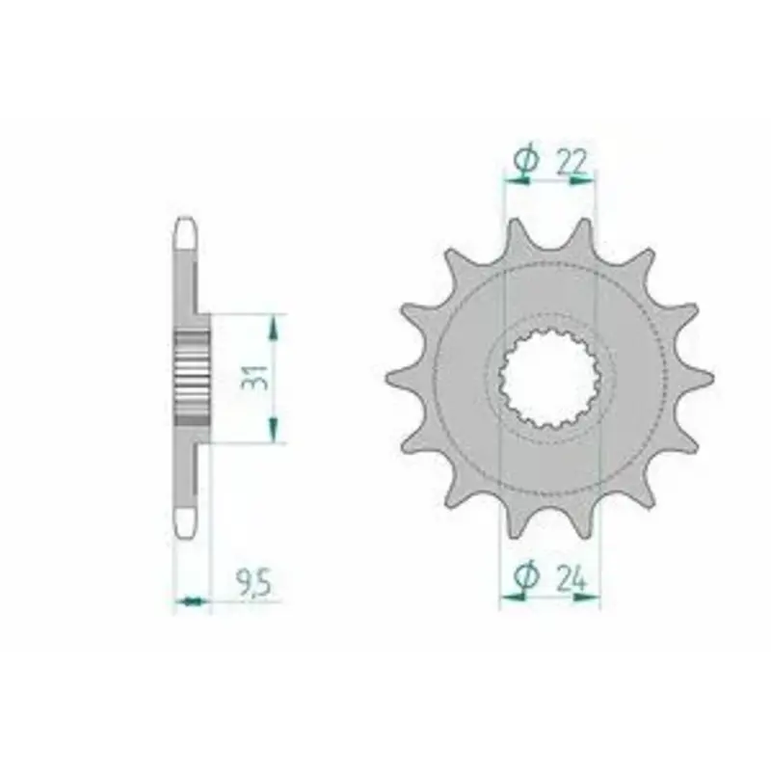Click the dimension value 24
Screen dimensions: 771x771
[572, 579]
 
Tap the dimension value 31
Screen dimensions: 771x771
[255, 377]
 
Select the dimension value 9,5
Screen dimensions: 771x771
[253, 584]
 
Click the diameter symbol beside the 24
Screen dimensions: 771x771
[526, 575]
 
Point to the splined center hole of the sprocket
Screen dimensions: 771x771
[549, 378]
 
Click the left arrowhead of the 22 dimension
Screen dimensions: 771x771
[518, 181]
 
